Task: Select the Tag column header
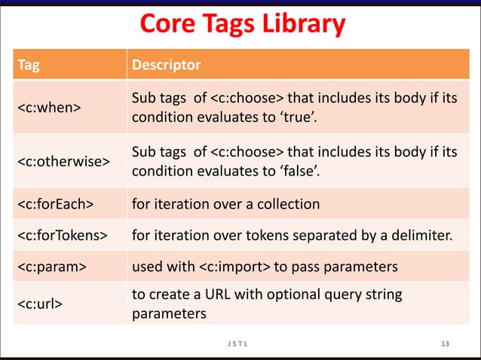point(27,66)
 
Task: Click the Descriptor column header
point(166,66)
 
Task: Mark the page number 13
point(445,344)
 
